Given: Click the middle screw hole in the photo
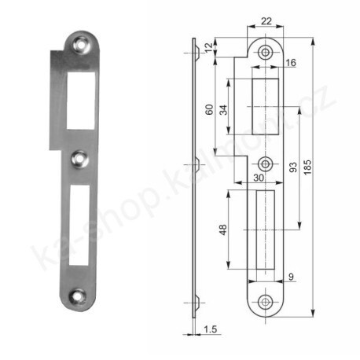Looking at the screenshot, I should (79, 160).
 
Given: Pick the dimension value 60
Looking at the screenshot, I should (209, 109).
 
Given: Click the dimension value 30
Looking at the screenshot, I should (259, 178).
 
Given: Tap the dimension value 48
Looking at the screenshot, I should (224, 231).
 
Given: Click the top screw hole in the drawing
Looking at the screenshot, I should (266, 51).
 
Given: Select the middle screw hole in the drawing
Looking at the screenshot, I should (266, 163).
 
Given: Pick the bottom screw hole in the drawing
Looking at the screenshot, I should (266, 303).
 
